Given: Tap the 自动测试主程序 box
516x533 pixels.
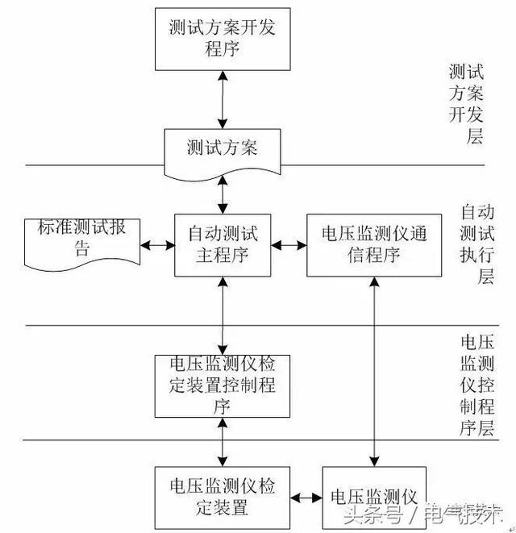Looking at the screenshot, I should [x=223, y=244].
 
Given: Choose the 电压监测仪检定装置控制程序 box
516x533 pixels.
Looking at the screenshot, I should [x=223, y=385].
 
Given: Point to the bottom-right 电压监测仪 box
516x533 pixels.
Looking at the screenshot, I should [x=373, y=493].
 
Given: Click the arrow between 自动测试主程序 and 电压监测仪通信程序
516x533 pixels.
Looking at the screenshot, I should [x=289, y=244].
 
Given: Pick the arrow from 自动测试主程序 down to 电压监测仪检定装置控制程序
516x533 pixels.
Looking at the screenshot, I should [x=223, y=314].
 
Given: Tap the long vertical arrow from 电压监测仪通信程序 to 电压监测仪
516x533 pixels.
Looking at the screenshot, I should [x=375, y=371].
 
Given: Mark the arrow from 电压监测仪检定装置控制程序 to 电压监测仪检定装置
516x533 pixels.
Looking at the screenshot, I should [x=223, y=441].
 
